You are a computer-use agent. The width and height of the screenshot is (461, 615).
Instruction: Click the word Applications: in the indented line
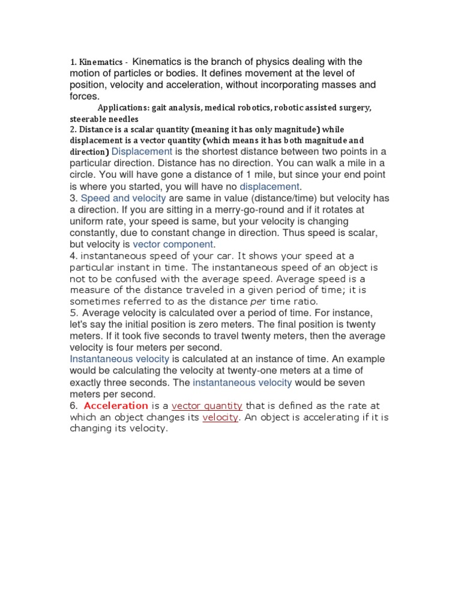point(122,108)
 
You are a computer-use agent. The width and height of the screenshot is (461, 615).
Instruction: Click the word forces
point(84,96)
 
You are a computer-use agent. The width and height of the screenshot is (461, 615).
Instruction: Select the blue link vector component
point(173,244)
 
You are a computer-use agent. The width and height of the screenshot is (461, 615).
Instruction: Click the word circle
point(82,175)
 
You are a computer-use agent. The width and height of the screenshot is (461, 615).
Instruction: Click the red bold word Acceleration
point(116,405)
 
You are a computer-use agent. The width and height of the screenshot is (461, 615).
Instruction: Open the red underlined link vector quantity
point(206,405)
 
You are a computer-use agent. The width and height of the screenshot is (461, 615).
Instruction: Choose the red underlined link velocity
point(220,417)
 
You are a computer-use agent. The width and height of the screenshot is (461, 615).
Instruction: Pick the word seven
point(333,383)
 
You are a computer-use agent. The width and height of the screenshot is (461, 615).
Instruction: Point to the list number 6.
point(74,405)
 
